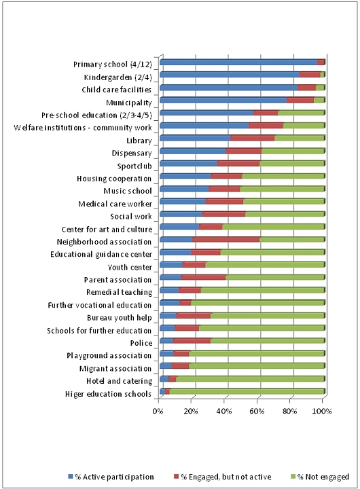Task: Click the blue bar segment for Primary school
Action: click(x=238, y=62)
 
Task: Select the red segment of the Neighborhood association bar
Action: click(x=226, y=240)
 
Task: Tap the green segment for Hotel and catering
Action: click(x=250, y=379)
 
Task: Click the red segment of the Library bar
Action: click(x=253, y=138)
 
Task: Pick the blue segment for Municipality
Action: click(x=223, y=100)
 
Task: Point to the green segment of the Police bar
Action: click(x=268, y=341)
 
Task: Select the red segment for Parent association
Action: click(x=203, y=278)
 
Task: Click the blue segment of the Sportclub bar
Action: click(x=188, y=164)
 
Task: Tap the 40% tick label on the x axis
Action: click(x=224, y=411)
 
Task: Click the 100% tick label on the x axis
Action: click(x=322, y=411)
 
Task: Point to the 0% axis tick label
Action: click(x=158, y=411)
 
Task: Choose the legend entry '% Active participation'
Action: click(x=111, y=477)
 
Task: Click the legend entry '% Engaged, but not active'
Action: click(x=223, y=477)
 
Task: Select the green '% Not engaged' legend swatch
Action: click(x=293, y=477)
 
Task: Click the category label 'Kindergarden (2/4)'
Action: click(x=118, y=77)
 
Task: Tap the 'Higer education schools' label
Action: click(x=108, y=394)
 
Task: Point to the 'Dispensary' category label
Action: click(x=132, y=153)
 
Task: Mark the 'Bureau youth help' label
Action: click(x=120, y=318)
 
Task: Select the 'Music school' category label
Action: click(x=128, y=191)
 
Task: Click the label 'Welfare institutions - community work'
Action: click(x=83, y=128)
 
